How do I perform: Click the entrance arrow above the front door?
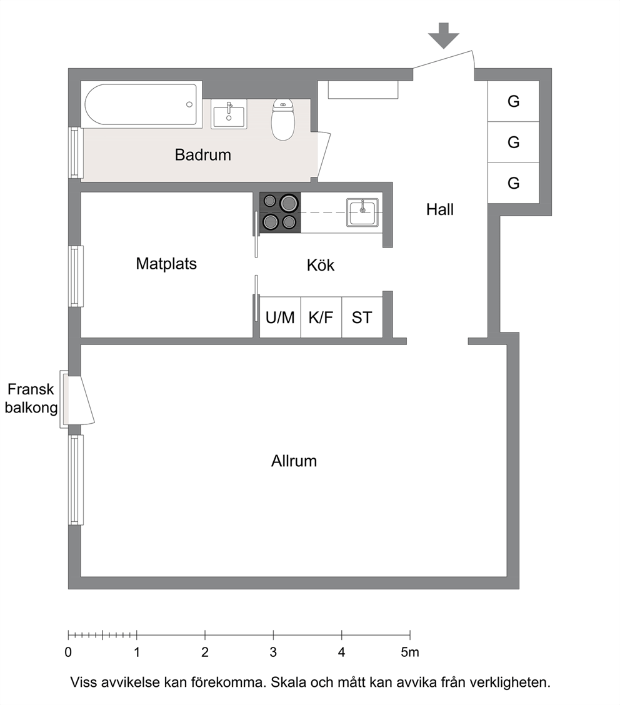pos(443,36)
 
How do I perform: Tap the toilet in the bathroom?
pos(282,119)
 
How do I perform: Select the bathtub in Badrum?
pos(141,104)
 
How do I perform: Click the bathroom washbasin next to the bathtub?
pos(229,114)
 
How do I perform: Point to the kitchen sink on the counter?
pos(362,212)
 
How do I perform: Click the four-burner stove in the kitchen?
pos(280,212)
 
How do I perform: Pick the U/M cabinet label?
pos(279,318)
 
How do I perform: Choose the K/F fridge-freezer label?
pos(321,318)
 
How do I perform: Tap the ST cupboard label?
pos(362,318)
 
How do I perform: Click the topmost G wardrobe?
pos(514,101)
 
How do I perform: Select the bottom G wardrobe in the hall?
pos(514,183)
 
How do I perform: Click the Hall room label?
pos(440,209)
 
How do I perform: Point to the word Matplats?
pos(166,264)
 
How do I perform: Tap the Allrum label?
pos(294,461)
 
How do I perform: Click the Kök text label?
pos(321,265)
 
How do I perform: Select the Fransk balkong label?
pos(31,398)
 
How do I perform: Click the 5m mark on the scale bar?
pos(410,652)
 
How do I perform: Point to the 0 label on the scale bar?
pos(68,652)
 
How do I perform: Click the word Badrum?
pos(202,155)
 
